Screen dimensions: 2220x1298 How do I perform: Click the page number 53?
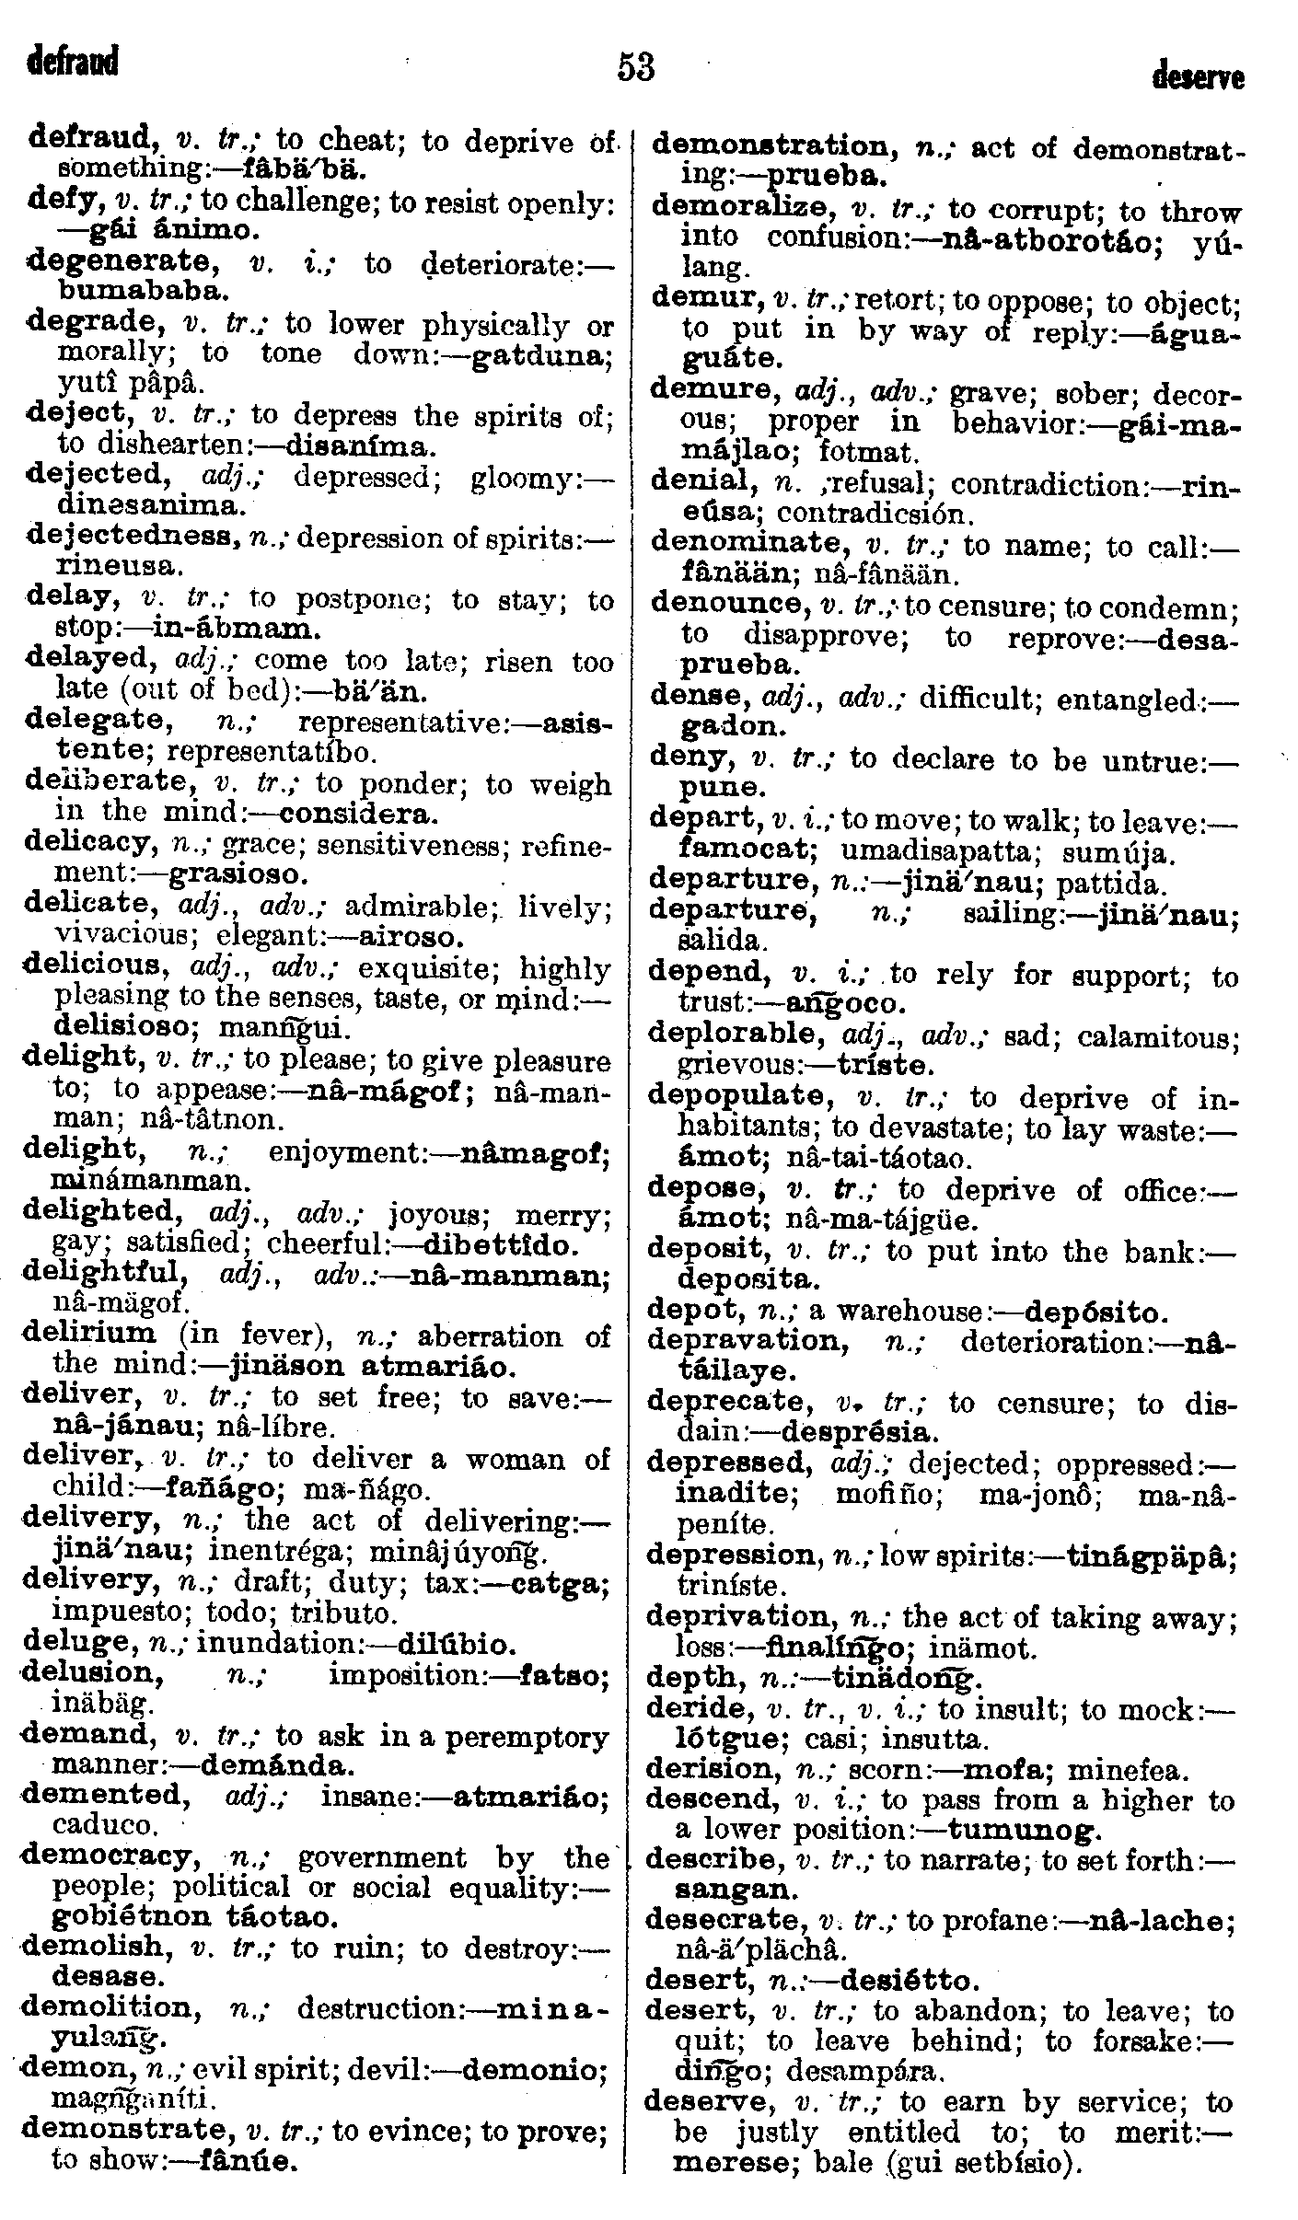tap(636, 67)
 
